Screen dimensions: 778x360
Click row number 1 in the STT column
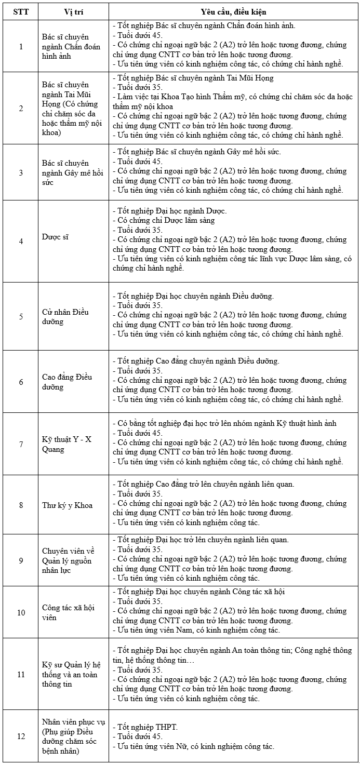21,47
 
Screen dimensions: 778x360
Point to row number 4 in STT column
21,242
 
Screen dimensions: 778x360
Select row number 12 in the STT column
21,736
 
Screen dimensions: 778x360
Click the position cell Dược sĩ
56,237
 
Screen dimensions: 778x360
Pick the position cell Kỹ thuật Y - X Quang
66,445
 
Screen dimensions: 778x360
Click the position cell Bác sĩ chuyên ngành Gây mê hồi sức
65,172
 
